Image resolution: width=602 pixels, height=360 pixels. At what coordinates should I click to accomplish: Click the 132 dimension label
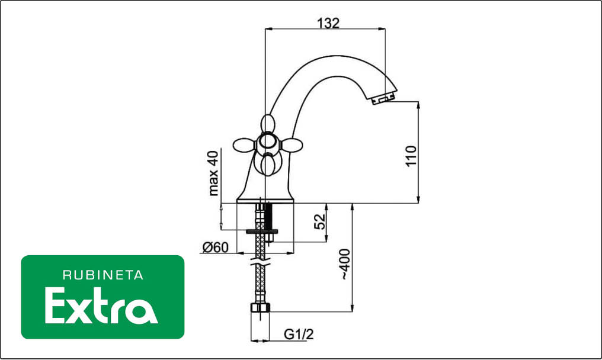coord(328,23)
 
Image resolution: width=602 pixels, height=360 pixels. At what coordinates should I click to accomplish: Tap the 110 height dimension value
coord(411,156)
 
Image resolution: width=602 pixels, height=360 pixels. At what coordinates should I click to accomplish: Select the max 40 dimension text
coord(213,173)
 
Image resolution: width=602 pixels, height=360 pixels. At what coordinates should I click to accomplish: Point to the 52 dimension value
coord(319,221)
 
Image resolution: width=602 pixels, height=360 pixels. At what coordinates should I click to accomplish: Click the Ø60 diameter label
coord(215,247)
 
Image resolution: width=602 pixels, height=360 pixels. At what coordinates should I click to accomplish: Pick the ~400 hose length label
coord(345,265)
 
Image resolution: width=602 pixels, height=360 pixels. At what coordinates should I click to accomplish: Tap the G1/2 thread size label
coord(299,335)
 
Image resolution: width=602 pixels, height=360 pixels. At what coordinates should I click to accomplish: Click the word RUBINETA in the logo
coord(103,275)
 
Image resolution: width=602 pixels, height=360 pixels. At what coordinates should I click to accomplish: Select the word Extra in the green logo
coord(101,306)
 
